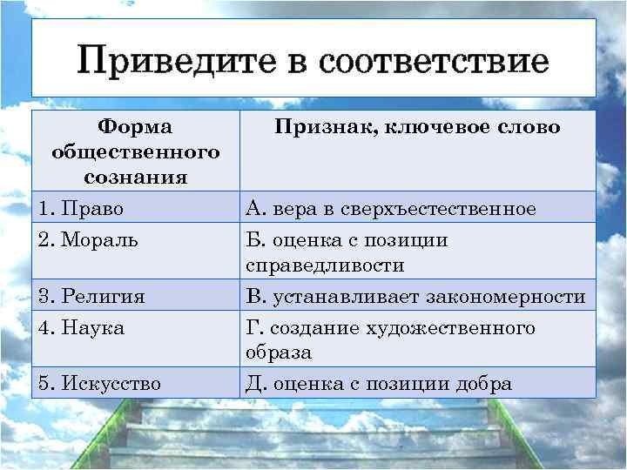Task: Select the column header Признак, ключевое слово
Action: (417, 128)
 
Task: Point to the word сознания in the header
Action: (135, 177)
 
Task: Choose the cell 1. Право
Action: (82, 209)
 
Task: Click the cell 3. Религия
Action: (91, 297)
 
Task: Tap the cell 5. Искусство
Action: (100, 384)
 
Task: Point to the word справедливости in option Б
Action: (325, 265)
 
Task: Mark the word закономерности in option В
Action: (506, 297)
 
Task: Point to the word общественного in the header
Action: (135, 152)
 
